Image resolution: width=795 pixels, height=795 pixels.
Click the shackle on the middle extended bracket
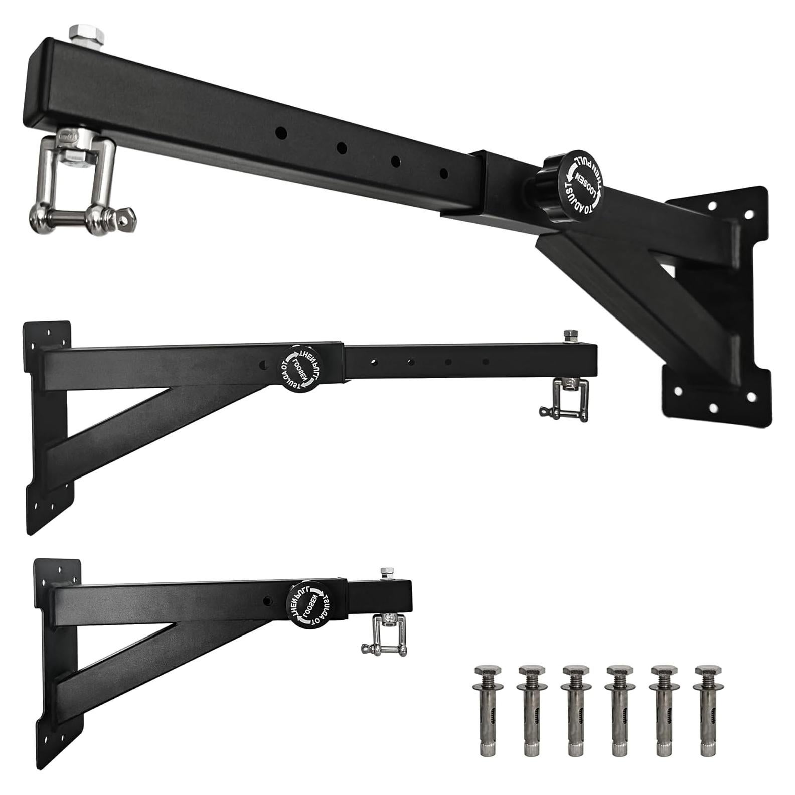click(557, 399)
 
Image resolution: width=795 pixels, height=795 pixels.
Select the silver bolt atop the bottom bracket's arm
click(387, 573)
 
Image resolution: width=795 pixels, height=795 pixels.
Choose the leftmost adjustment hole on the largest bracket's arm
click(281, 133)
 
